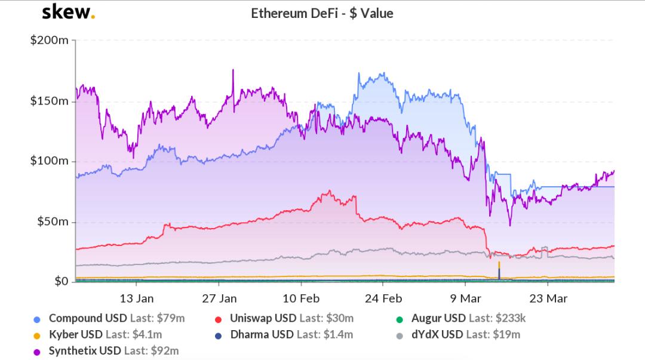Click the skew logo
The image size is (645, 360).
coord(68,13)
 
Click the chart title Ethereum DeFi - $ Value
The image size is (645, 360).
coord(322,13)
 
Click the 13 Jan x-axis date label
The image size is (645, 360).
coord(137,299)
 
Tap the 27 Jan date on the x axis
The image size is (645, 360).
coord(219,299)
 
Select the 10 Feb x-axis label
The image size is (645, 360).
coord(301,299)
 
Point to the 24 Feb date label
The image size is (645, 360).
coord(383,299)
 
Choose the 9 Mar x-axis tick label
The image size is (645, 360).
coord(465,299)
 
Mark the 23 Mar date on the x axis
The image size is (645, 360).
coord(548,299)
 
